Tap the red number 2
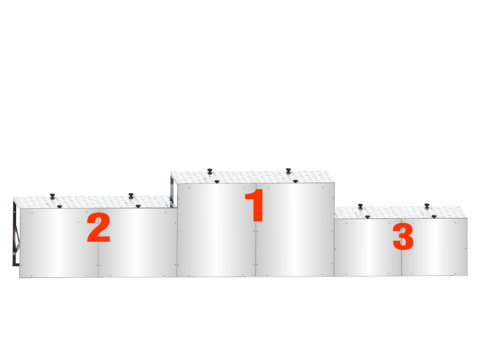[98, 227]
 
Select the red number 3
[403, 236]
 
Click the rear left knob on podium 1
[209, 171]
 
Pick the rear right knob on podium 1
[288, 171]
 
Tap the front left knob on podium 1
[217, 182]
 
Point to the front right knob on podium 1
[295, 181]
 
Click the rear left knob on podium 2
[52, 196]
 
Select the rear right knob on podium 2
[131, 196]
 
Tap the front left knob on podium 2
[59, 206]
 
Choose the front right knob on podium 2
[138, 206]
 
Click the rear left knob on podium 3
[361, 206]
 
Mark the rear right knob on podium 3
[427, 206]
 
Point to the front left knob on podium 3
[368, 217]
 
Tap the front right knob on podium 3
[434, 217]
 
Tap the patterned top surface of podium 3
[400, 212]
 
